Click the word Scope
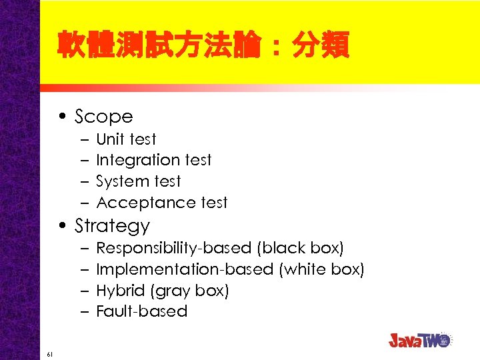pyautogui.click(x=103, y=117)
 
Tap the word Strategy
pyautogui.click(x=112, y=226)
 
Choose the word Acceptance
pyautogui.click(x=138, y=203)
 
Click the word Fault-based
pyautogui.click(x=141, y=311)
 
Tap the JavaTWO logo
pyautogui.click(x=420, y=339)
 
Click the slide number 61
pyautogui.click(x=50, y=353)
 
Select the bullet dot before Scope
pyautogui.click(x=61, y=117)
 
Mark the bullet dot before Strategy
pyautogui.click(x=61, y=227)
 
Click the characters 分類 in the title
pyautogui.click(x=319, y=47)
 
